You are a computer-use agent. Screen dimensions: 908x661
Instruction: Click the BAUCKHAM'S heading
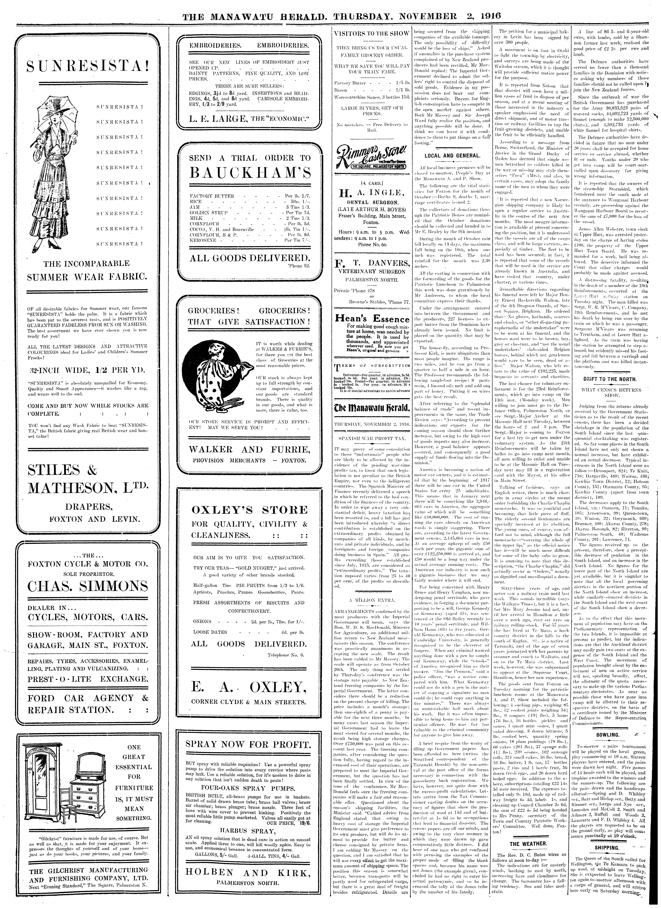pyautogui.click(x=250, y=173)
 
